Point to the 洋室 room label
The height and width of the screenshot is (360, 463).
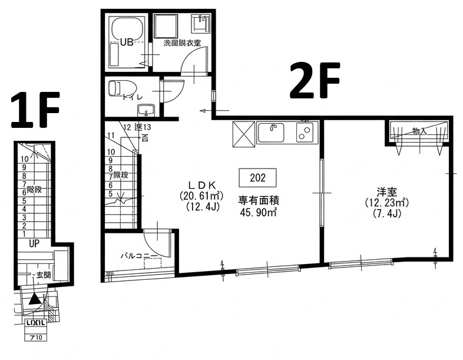(386, 191)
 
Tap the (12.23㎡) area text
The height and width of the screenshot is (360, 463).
(386, 202)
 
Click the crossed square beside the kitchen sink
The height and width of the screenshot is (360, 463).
(243, 132)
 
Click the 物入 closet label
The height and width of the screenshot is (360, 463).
(419, 131)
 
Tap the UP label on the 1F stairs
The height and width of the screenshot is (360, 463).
(34, 243)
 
